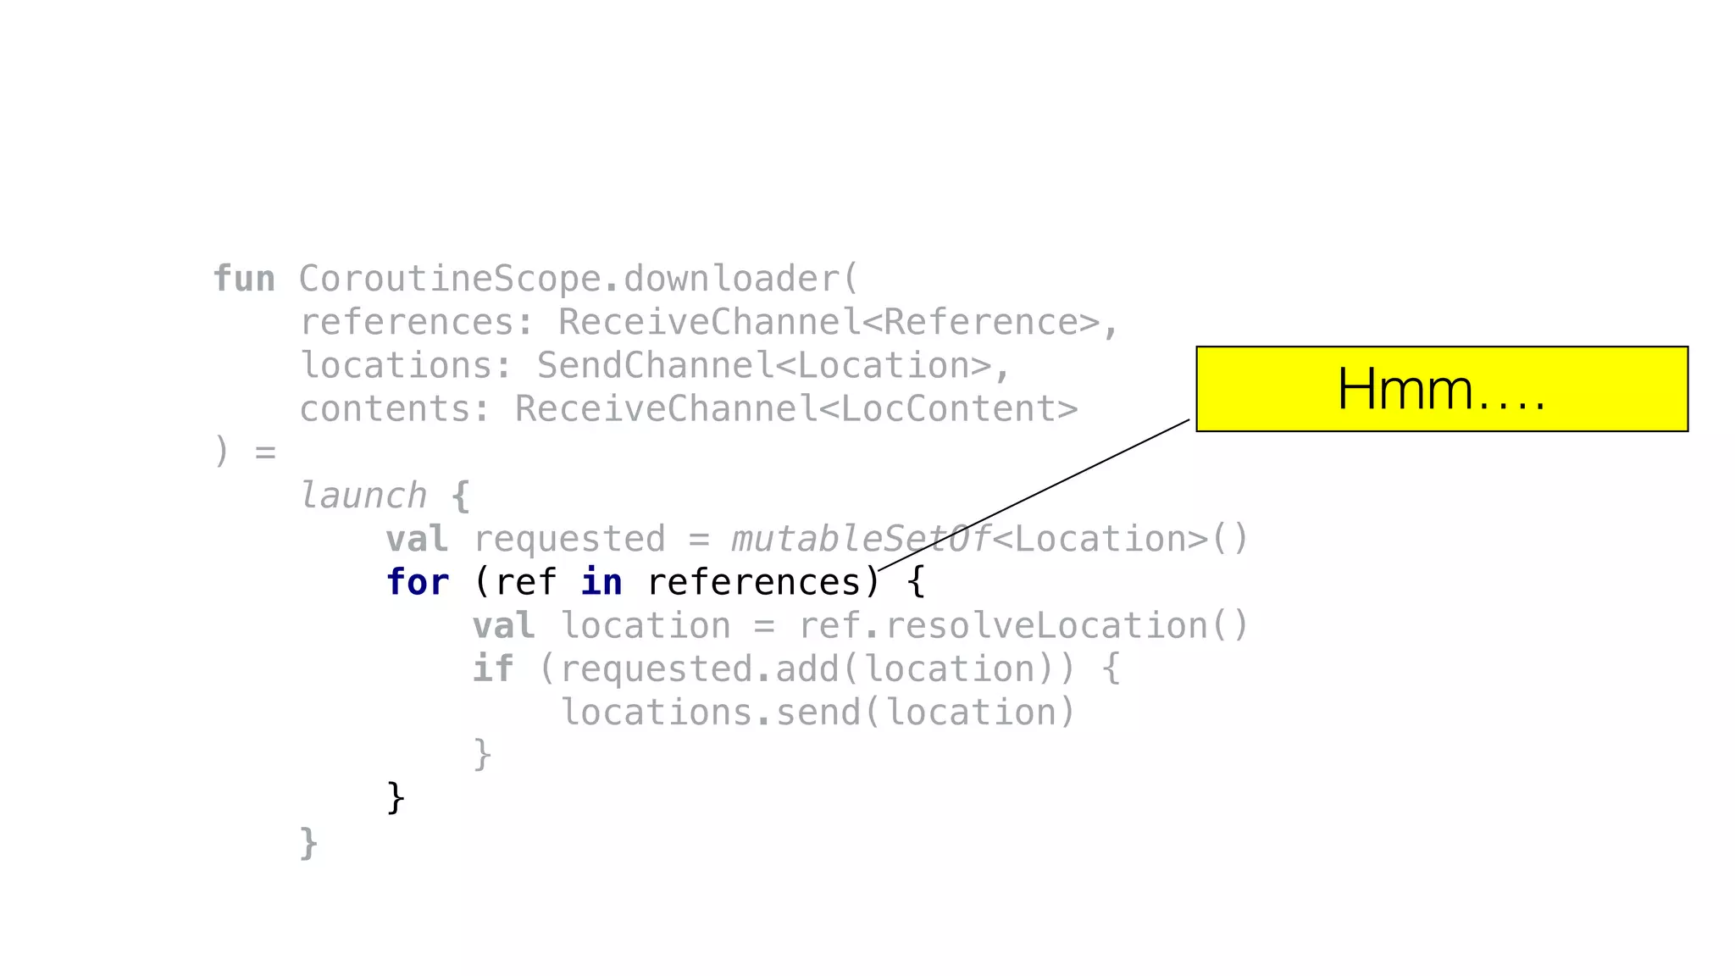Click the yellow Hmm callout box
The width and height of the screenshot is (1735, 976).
[x=1441, y=389]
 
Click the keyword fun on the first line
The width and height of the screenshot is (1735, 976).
[x=244, y=279]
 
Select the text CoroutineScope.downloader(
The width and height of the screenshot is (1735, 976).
[x=579, y=279]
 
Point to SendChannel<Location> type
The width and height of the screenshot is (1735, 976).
[x=763, y=365]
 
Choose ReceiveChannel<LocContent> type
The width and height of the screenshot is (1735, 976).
[x=795, y=408]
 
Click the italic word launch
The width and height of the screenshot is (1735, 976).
[x=363, y=496]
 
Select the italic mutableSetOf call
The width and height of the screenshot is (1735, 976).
[x=860, y=539]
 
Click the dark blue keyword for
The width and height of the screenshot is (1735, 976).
[x=417, y=582]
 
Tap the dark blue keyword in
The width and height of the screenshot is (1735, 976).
[x=601, y=582]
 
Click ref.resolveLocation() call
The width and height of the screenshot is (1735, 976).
[x=1023, y=626]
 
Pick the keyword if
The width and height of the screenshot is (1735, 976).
[x=493, y=669]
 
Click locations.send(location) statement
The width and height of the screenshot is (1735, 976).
[x=818, y=713]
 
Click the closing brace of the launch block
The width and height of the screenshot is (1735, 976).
[x=308, y=842]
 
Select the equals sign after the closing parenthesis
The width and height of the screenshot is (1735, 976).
[x=266, y=452]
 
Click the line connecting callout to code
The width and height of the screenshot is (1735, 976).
[x=1034, y=496]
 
